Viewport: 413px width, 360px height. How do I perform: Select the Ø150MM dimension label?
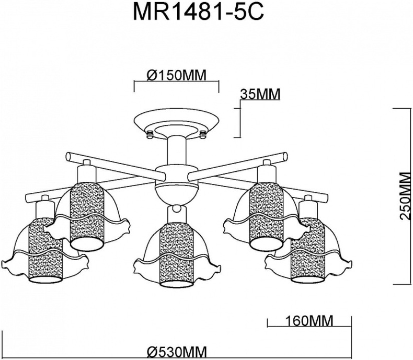click(176, 76)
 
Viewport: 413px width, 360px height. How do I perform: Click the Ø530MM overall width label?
click(176, 351)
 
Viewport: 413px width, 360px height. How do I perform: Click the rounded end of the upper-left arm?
click(68, 156)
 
